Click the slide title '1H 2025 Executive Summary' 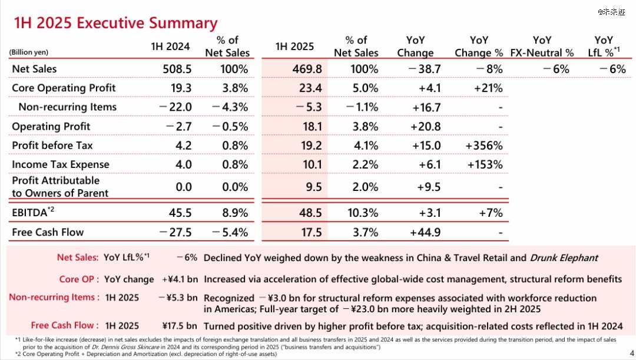(115, 23)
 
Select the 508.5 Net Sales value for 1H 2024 (177, 69)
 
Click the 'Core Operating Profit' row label (64, 88)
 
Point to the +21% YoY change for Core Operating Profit (488, 88)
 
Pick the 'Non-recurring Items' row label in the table (67, 107)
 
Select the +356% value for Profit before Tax (483, 145)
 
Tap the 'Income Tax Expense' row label (61, 164)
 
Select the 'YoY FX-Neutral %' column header (542, 47)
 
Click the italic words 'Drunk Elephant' (564, 257)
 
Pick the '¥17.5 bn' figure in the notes (180, 325)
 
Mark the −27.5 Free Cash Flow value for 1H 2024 (175, 232)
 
